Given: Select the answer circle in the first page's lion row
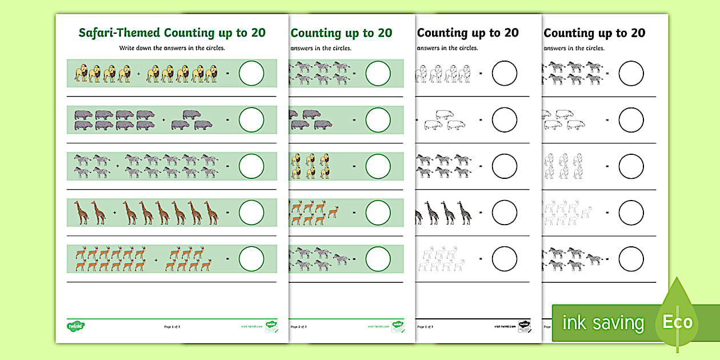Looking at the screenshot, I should pyautogui.click(x=251, y=74).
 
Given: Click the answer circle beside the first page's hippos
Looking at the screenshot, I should pyautogui.click(x=251, y=120).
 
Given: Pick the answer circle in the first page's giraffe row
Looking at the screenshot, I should pyautogui.click(x=251, y=213).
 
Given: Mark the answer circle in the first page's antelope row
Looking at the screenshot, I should pyautogui.click(x=251, y=259).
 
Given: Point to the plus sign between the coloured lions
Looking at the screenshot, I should pyautogui.click(x=139, y=74).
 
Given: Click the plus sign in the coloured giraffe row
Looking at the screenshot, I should pyautogui.click(x=114, y=213).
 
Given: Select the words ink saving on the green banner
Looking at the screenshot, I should pyautogui.click(x=603, y=323).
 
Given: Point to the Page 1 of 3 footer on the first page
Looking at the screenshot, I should pyautogui.click(x=172, y=326).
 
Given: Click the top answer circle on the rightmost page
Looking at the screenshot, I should pyautogui.click(x=631, y=74).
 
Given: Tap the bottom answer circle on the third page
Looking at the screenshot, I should pyautogui.click(x=505, y=259).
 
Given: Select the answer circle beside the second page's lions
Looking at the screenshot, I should pyautogui.click(x=378, y=166).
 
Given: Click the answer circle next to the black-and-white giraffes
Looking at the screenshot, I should pyautogui.click(x=505, y=213).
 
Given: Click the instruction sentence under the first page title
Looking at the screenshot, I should pyautogui.click(x=172, y=48).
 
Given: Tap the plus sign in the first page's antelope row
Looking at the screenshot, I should pyautogui.click(x=155, y=259).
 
